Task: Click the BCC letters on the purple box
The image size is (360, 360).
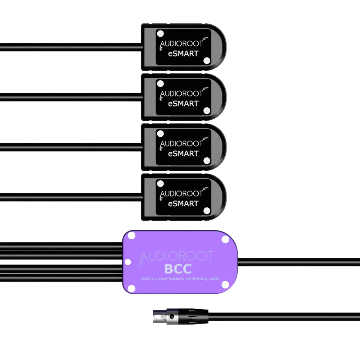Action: pos(177,269)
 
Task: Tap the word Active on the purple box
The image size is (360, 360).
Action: pos(147,278)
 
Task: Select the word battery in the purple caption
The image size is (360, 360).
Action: pos(183,278)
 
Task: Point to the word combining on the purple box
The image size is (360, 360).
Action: pos(204,278)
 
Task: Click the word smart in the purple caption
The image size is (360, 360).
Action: pos(164,278)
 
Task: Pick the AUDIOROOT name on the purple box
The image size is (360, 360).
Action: pos(176,256)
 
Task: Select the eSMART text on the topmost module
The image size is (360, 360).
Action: pos(183,54)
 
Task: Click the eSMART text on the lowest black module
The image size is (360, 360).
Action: pos(183,203)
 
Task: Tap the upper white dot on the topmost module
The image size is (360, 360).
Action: pos(161,33)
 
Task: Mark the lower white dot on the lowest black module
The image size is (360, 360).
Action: pos(207,210)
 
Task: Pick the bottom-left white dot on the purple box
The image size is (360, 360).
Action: pos(132,288)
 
